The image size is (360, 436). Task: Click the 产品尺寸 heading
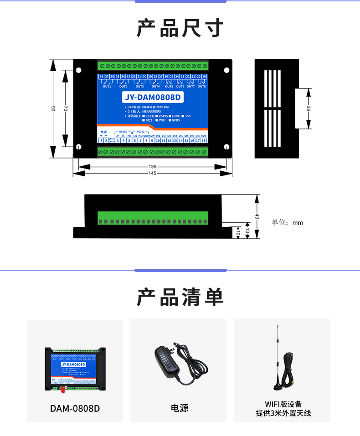180,28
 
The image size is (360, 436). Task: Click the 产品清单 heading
180,297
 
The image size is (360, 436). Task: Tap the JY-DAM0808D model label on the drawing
153,97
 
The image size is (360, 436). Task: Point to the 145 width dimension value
152,173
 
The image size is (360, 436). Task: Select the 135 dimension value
152,167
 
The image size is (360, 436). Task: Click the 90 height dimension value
53,108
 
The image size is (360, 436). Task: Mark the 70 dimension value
66,108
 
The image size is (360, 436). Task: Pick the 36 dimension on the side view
309,108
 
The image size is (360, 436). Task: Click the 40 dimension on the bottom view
257,217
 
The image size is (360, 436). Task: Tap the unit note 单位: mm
287,223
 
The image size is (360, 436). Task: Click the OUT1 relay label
107,86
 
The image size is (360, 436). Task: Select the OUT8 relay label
201,86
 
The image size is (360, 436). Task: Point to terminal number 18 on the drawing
204,141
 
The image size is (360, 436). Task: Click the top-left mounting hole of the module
78,71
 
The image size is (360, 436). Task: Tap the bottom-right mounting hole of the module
226,147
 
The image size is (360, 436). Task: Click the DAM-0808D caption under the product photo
75,408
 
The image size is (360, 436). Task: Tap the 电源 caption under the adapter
180,408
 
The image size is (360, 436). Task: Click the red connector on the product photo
62,390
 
